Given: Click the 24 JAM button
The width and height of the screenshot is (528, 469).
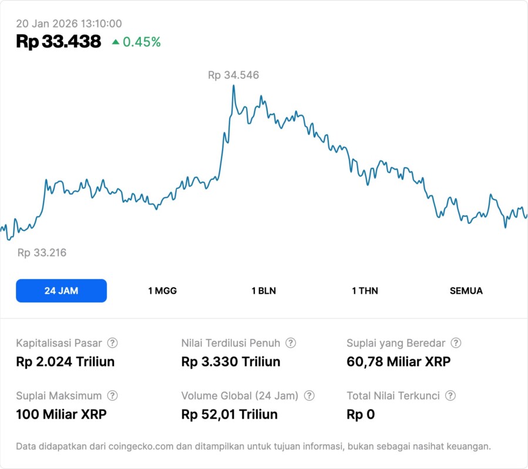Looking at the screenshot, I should tap(61, 291).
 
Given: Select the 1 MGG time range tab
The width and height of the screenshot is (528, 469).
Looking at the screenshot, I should tap(162, 291).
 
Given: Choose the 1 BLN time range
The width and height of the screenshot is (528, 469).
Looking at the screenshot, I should tap(264, 291).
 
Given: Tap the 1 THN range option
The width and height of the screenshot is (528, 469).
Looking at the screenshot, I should tap(365, 291).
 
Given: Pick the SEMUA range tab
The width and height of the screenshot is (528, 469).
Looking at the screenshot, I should tap(466, 291).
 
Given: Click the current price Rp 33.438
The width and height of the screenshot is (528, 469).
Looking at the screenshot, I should tap(59, 42).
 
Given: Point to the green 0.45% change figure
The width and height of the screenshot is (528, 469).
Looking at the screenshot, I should tap(142, 42).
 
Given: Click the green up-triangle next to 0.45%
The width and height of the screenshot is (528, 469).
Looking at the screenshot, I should tap(116, 42).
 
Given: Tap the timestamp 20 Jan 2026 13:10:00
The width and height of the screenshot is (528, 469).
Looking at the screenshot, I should tap(69, 23).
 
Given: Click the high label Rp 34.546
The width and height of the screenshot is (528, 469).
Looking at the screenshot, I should tap(233, 75).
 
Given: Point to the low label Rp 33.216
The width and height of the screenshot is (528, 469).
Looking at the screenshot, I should tap(42, 253).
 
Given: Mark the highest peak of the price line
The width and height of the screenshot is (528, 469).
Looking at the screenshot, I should tap(234, 86).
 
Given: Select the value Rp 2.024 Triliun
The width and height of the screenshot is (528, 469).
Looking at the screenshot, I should tap(65, 362).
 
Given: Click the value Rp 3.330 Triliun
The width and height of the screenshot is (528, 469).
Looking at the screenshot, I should tap(231, 362).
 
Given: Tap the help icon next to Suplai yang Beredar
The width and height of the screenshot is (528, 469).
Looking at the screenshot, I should tap(456, 343).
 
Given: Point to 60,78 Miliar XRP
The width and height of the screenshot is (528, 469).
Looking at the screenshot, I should tap(399, 362).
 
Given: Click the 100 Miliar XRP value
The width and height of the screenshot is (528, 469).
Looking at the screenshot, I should tap(61, 414).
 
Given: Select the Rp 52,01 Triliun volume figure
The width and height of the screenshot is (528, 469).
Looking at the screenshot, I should tap(230, 414).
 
